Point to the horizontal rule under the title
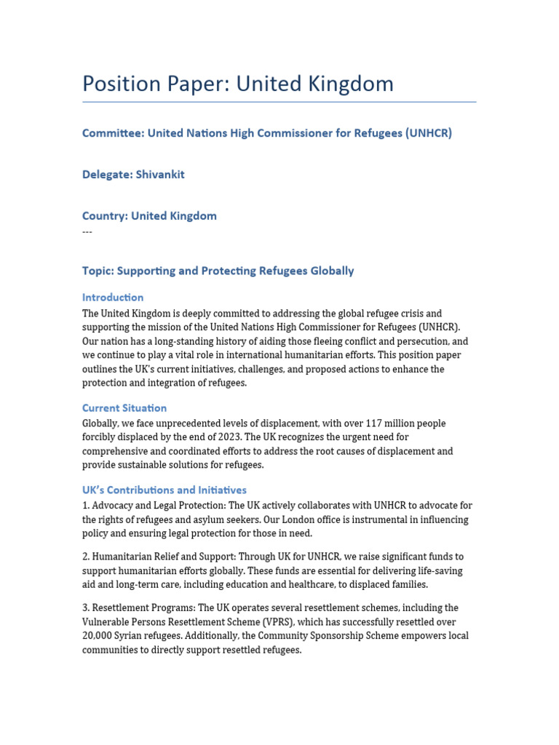(x=279, y=102)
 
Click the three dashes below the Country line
(x=87, y=231)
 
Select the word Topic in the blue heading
(x=97, y=271)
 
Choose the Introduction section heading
(x=113, y=298)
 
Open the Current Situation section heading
(x=124, y=408)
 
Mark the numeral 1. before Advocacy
(x=86, y=506)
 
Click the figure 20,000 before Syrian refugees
(x=100, y=635)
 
